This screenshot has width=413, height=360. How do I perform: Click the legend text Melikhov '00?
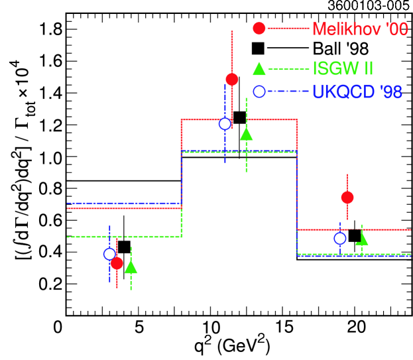point(359,29)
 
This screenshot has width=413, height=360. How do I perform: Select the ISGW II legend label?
point(343,68)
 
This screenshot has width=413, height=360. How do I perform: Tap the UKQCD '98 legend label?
point(357,91)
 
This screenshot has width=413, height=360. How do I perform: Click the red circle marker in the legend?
point(259,29)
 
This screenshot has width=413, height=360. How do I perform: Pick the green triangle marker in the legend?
point(259,68)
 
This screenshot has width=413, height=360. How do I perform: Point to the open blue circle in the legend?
point(259,91)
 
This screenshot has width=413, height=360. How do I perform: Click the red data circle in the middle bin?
point(231,80)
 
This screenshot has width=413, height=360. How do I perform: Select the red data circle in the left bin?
point(117,263)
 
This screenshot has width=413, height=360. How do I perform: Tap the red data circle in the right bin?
point(347,197)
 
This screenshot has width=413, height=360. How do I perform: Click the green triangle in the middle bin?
point(246,134)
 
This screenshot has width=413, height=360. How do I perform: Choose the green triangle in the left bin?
point(131,267)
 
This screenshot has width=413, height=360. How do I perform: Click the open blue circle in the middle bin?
point(225,123)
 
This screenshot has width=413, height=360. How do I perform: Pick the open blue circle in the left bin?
point(109,254)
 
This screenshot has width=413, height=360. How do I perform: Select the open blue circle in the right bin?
point(339,238)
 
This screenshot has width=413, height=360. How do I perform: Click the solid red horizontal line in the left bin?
point(146,208)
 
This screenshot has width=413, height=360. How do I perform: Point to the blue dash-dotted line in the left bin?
point(146,203)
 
